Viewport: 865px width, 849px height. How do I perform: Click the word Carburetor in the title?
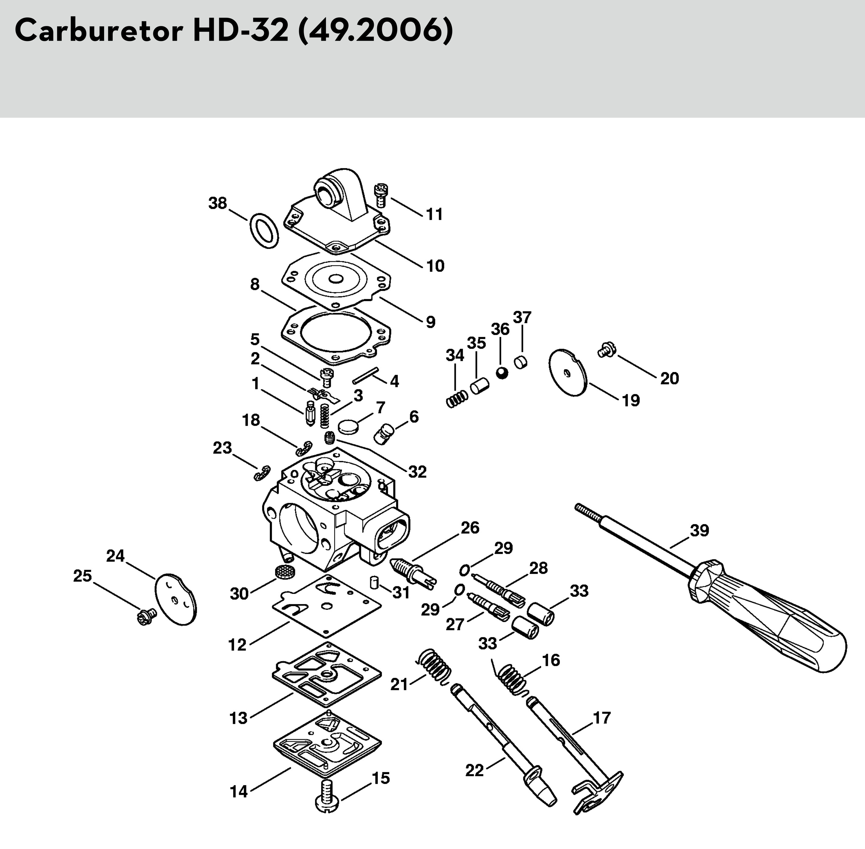click(x=99, y=31)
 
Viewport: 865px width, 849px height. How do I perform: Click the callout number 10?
click(x=435, y=266)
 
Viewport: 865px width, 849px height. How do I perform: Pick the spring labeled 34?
click(x=457, y=398)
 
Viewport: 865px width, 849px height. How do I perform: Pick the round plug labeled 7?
click(x=348, y=427)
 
